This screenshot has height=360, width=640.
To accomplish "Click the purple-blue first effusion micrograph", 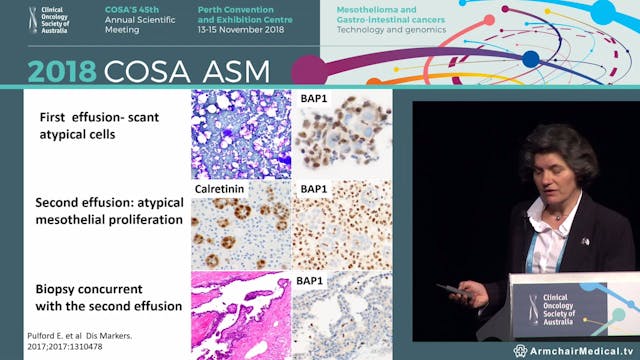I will click(240, 133).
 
